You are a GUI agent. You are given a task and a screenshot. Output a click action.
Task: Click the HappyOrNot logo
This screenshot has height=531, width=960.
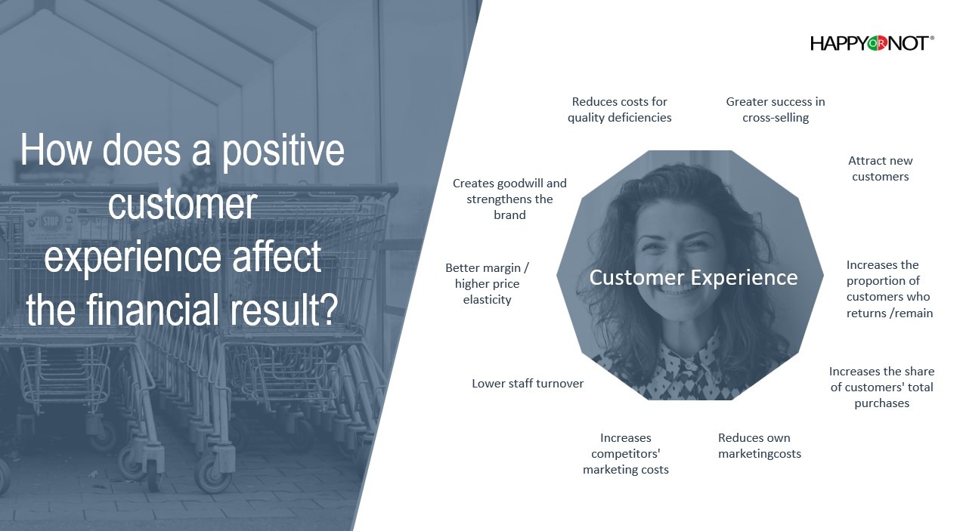coord(872,43)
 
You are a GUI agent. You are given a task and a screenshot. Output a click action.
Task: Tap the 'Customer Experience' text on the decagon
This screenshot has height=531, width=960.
coord(693,278)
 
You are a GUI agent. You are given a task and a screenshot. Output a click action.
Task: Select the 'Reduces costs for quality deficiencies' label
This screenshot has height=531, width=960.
coord(619,110)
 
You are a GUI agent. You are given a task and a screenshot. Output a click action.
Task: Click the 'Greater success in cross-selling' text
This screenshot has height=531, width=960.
coord(776,110)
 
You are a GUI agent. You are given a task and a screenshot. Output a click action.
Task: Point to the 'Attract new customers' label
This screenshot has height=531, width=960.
coord(881,168)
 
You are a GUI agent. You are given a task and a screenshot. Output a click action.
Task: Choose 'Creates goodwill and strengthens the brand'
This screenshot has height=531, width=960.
coord(509,199)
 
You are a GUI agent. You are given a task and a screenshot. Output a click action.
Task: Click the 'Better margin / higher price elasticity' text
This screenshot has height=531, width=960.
coord(488,283)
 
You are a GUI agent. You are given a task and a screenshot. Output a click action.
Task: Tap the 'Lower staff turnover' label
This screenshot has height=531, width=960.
coord(528,383)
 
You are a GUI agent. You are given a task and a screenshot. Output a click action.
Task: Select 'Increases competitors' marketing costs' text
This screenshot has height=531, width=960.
coord(626,453)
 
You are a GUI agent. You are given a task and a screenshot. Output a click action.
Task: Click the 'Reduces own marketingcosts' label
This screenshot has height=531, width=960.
coord(760,446)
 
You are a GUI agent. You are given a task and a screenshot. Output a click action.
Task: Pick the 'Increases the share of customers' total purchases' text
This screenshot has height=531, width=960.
coord(881,387)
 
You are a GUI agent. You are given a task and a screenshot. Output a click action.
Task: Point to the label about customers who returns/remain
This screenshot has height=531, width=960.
coord(889,289)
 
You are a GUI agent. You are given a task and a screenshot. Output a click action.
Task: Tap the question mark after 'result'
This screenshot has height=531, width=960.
coord(329,309)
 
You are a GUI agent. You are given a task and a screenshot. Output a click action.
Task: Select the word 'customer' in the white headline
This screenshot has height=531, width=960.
coord(183,204)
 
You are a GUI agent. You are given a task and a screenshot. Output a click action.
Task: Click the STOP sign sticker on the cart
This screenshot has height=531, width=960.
coord(51,222)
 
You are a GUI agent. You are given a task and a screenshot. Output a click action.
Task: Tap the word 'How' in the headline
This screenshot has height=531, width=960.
coord(56,150)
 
